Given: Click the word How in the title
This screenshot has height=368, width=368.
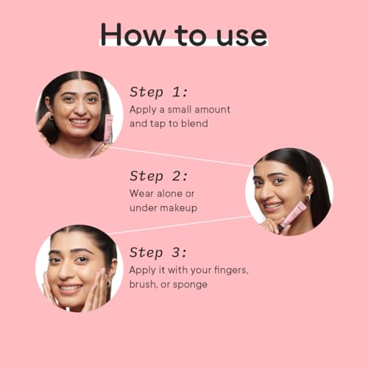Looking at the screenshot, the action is tap(133, 34).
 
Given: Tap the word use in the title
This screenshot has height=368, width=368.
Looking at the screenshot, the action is tap(241, 36).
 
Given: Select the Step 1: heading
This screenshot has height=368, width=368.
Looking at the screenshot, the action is tap(159, 92).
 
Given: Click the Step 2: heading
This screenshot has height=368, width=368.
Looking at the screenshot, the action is tap(159, 176).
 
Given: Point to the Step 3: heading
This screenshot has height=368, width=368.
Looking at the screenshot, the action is tap(158, 252).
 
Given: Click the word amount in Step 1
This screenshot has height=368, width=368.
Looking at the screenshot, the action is tap(212, 110).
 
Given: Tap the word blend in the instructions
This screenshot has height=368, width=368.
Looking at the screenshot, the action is tap(194, 123).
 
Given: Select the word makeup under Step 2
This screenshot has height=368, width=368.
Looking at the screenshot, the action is tap(180, 208).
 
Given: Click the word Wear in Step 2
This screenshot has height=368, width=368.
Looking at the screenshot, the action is tap(141, 194).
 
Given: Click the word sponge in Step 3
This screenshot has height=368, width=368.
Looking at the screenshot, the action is tap(190, 285).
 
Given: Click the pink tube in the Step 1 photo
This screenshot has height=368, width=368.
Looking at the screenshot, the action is tap(108, 129).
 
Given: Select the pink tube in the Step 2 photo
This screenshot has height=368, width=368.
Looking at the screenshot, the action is tap(293, 214).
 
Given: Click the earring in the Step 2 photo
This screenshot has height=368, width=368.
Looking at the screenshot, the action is tap(308, 198).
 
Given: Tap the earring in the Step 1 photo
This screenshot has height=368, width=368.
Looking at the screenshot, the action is tap(51, 117).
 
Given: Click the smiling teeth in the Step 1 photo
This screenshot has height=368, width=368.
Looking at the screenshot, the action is tap(79, 121).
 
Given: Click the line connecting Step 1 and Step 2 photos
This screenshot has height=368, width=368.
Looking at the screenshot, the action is tap(181, 157).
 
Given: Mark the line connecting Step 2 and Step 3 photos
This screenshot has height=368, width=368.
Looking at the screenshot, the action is tap(180, 224).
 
